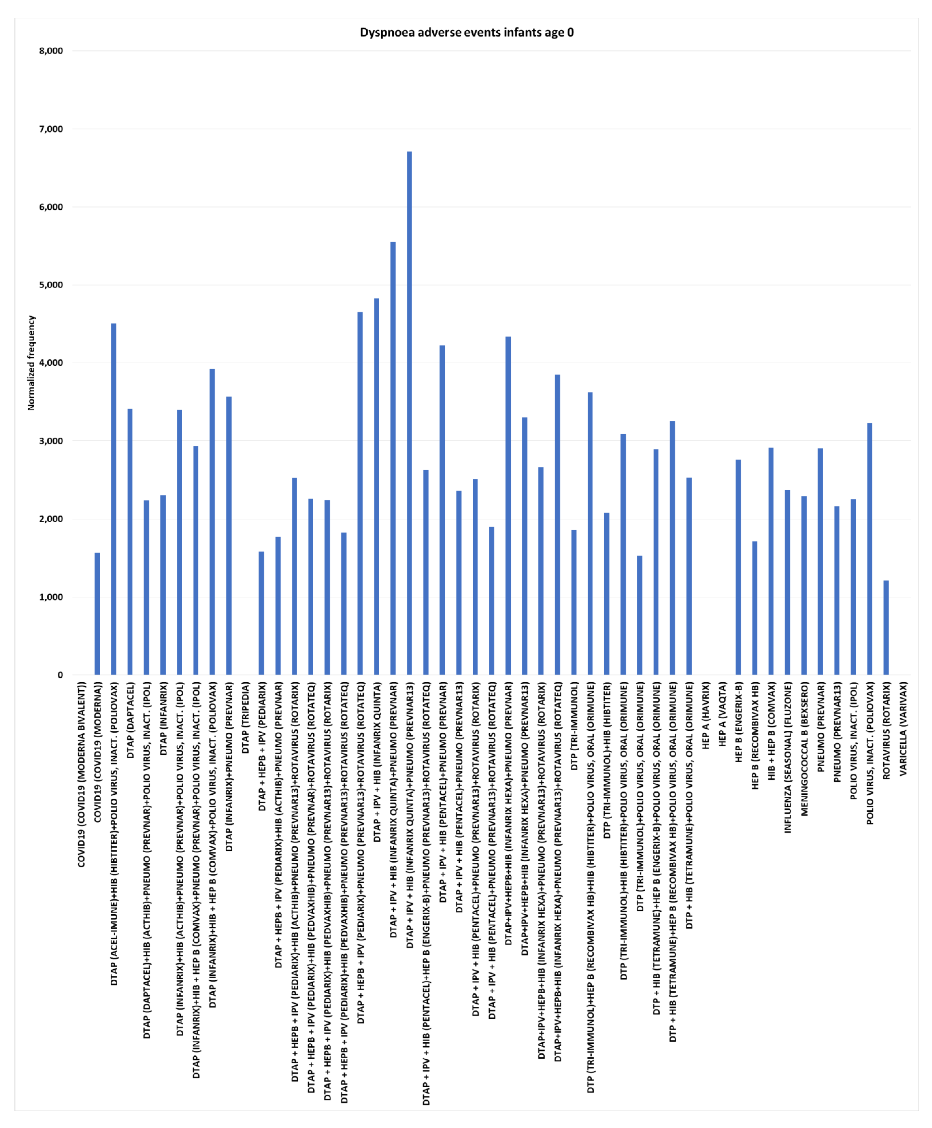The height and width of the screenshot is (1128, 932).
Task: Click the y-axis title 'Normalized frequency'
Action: tap(31, 363)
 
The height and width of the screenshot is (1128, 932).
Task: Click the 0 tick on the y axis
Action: tap(60, 675)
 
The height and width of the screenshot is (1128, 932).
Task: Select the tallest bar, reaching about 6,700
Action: tap(409, 413)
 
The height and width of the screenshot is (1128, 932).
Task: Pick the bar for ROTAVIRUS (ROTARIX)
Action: tap(886, 628)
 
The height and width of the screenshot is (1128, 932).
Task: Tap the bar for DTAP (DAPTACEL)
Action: tap(130, 542)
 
